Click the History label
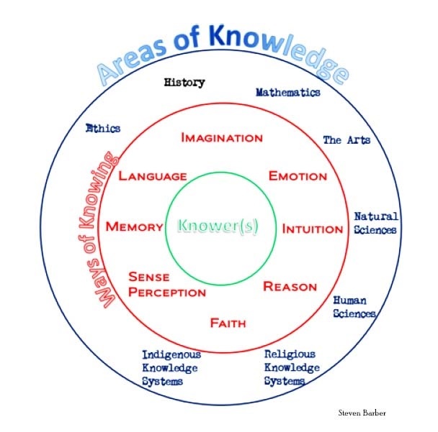pyautogui.click(x=184, y=83)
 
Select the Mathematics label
pyautogui.click(x=288, y=92)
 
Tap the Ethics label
pyautogui.click(x=103, y=128)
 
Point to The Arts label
pyautogui.click(x=347, y=140)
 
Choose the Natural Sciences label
pyautogui.click(x=376, y=223)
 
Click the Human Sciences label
pyautogui.click(x=354, y=307)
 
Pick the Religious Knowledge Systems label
pyautogui.click(x=292, y=367)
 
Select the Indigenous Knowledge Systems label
pyautogui.click(x=171, y=368)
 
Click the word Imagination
pyautogui.click(x=222, y=138)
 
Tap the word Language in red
pyautogui.click(x=153, y=176)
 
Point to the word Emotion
pyautogui.click(x=298, y=176)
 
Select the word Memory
pyautogui.click(x=135, y=226)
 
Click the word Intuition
pyautogui.click(x=313, y=229)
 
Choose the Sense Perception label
pyautogui.click(x=167, y=285)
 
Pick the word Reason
pyautogui.click(x=290, y=287)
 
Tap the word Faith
pyautogui.click(x=228, y=323)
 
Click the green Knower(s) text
pyautogui.click(x=218, y=226)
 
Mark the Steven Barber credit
pyautogui.click(x=362, y=413)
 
